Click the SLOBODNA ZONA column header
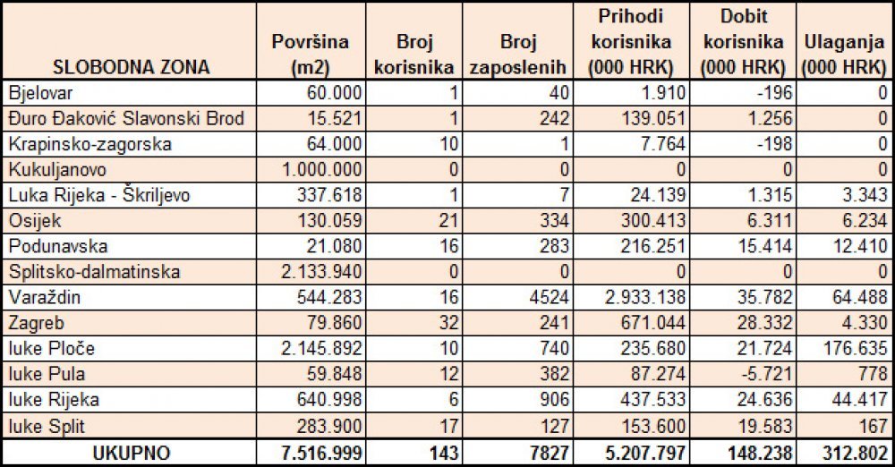pos(132,67)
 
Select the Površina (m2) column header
pos(311,55)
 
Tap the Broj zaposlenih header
pos(517,55)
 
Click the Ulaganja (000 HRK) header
pos(845,55)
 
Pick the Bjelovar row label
pos(40,93)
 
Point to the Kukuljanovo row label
pos(57,170)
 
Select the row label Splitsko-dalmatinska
pos(94,271)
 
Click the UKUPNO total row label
pos(132,454)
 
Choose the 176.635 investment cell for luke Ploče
pos(855,348)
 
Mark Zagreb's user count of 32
pos(448,323)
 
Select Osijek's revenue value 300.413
pos(653,221)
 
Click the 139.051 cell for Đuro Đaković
pos(653,119)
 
